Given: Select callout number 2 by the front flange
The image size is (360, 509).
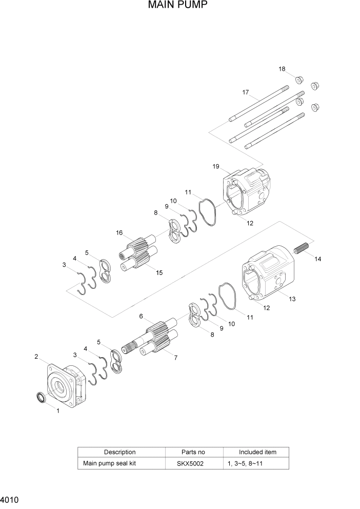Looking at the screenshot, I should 36,356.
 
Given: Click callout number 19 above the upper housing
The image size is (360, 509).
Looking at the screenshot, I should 216,167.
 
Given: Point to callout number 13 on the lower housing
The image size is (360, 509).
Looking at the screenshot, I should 292,299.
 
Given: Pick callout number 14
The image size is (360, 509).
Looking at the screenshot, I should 318,259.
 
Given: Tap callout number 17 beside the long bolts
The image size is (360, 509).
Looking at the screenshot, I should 246,92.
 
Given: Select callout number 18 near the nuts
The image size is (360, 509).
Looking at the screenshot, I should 282,69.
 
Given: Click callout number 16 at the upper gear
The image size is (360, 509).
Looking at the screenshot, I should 119,232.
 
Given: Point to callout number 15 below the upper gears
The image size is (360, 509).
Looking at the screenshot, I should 159,272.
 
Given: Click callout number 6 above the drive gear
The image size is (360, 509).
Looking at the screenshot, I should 141,316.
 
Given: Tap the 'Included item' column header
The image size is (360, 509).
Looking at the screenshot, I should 257,452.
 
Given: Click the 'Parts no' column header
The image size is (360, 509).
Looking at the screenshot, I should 193,452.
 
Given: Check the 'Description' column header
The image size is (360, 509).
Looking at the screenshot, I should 120,452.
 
